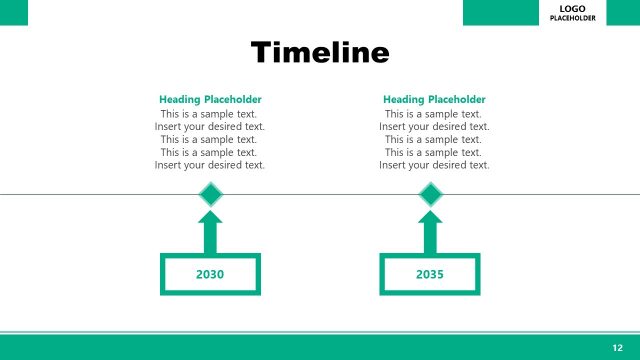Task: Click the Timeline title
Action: pos(319,52)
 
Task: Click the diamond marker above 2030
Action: pos(210,195)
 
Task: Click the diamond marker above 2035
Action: pos(430,195)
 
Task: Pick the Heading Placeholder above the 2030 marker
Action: pos(210,100)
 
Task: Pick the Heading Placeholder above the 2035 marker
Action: pos(434,100)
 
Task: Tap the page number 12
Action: pos(617,346)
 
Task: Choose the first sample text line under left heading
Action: pos(210,114)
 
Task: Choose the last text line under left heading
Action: pos(210,165)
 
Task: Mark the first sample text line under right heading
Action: pos(434,114)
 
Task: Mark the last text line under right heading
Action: pos(434,165)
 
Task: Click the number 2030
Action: pos(210,274)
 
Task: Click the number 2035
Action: pos(430,274)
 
